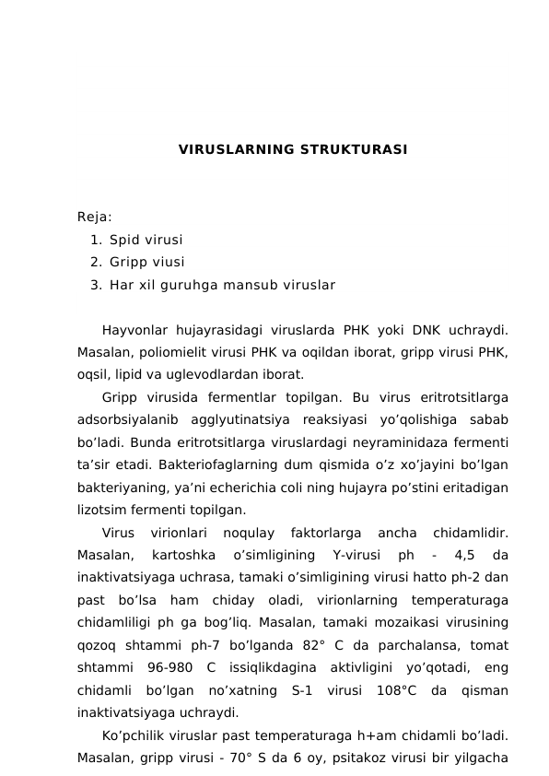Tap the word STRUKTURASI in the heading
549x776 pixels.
(x=354, y=149)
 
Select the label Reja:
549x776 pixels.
(x=95, y=218)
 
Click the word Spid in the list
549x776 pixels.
(x=123, y=240)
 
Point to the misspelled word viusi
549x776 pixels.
(x=168, y=262)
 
